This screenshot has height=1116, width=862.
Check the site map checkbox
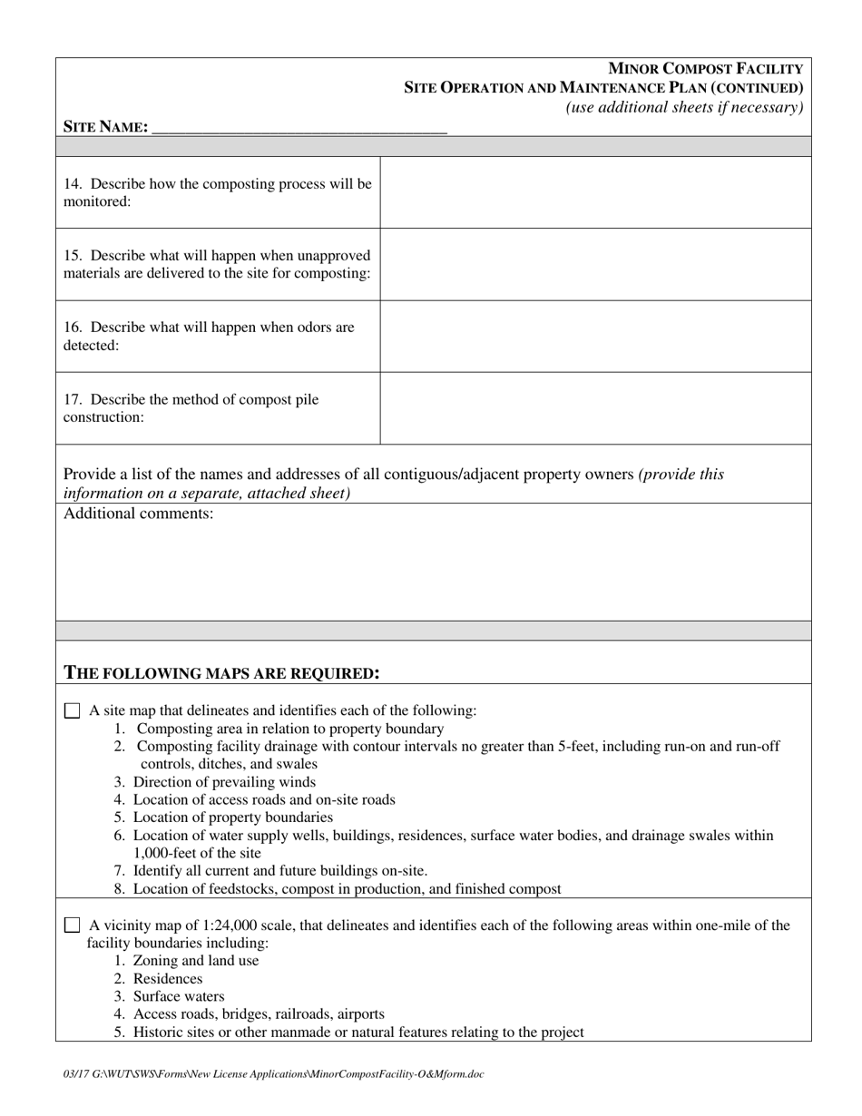tap(72, 711)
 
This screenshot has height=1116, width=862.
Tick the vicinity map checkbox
tap(72, 925)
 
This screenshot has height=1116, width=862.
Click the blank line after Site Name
tap(299, 127)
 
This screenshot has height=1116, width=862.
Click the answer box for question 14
tap(594, 192)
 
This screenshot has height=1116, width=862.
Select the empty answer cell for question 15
tap(594, 264)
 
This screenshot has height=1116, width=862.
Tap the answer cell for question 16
tap(594, 336)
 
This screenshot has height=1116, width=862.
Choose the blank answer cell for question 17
tap(594, 408)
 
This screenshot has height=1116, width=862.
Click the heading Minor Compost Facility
tap(705, 69)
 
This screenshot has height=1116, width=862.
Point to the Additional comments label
tap(139, 514)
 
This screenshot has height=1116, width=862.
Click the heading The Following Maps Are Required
tap(221, 673)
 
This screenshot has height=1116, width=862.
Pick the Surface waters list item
tap(178, 996)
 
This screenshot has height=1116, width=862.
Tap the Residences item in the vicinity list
tap(167, 979)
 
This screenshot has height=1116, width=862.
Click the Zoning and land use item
tap(195, 961)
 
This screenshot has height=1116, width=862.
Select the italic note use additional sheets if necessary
tap(684, 107)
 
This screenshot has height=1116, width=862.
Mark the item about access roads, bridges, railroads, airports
tap(258, 1014)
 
